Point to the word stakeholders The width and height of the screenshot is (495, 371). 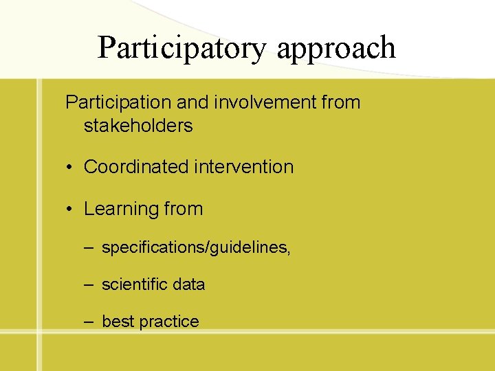tap(138, 126)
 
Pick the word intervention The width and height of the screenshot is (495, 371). tap(239, 167)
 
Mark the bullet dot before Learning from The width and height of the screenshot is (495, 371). tap(71, 210)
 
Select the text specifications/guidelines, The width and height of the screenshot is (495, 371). tap(196, 248)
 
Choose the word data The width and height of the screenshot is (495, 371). tap(188, 284)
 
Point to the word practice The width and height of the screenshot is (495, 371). tap(168, 322)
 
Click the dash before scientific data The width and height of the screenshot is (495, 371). tap(89, 284)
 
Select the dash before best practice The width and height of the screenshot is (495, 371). tap(89, 322)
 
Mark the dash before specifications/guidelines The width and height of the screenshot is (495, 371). tap(89, 247)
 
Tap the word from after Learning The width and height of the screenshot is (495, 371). tap(184, 209)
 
